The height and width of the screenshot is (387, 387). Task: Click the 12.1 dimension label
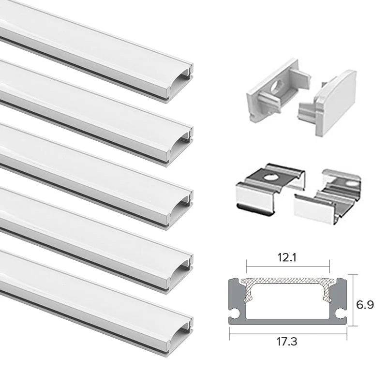click(x=287, y=258)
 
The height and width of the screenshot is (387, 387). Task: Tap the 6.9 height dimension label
click(x=365, y=305)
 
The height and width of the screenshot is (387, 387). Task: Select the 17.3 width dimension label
click(x=287, y=342)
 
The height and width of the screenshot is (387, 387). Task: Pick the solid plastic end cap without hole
click(x=328, y=104)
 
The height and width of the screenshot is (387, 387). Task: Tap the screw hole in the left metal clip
click(x=270, y=177)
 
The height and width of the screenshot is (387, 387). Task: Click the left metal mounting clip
click(x=270, y=189)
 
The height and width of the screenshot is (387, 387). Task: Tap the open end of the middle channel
click(x=180, y=209)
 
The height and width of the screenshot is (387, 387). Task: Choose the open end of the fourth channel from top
click(x=180, y=273)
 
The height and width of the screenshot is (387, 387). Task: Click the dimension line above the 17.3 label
click(x=288, y=334)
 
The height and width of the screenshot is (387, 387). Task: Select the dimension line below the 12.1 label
click(x=288, y=267)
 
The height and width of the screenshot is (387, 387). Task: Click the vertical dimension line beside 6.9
click(x=354, y=300)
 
